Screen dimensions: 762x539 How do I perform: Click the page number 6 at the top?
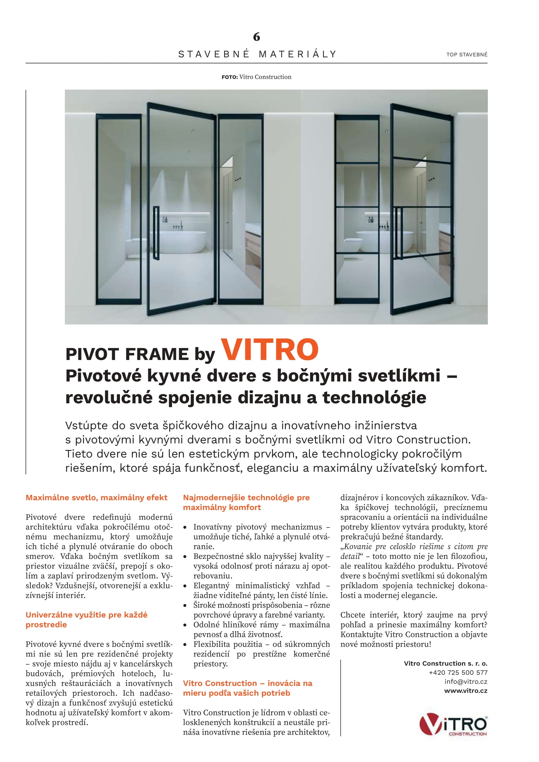pos(256,37)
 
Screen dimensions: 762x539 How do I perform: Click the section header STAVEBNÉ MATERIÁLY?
pos(257,54)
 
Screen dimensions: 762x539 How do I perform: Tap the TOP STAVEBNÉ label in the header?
pos(467,55)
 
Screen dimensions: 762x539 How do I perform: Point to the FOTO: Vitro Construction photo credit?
pos(256,77)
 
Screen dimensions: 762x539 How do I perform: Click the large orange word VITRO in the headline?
pos(269,350)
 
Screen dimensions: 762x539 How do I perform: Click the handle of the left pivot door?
pos(156,233)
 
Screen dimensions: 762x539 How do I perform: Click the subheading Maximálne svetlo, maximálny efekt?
pos(96,497)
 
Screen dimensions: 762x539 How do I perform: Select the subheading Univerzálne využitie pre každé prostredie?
pos(86,620)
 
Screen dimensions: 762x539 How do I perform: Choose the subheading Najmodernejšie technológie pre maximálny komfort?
pos(246,502)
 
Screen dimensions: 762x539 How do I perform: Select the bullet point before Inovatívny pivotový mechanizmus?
pos(185,527)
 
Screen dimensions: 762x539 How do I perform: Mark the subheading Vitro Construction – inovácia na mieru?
pos(248,688)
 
